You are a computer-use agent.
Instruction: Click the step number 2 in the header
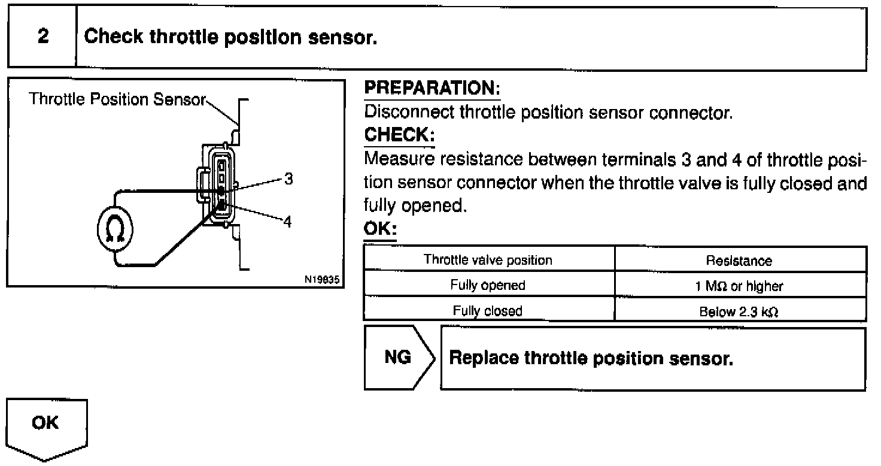(x=42, y=37)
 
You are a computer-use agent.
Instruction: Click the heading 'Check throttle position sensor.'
(x=230, y=37)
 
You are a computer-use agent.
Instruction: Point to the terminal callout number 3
(x=288, y=179)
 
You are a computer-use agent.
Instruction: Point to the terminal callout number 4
(x=288, y=221)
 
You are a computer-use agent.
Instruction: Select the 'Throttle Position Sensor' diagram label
(x=117, y=99)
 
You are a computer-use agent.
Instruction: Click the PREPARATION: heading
(x=432, y=89)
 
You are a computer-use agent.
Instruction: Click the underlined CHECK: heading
(x=399, y=135)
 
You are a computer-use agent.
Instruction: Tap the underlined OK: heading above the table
(x=380, y=230)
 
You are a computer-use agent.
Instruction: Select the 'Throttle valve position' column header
(x=488, y=260)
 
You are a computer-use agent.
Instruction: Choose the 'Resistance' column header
(x=739, y=261)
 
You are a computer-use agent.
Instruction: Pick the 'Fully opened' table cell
(x=488, y=285)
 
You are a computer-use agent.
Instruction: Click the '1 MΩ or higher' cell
(x=739, y=286)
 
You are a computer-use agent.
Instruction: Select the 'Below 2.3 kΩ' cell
(x=739, y=311)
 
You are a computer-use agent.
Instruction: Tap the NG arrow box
(x=398, y=358)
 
